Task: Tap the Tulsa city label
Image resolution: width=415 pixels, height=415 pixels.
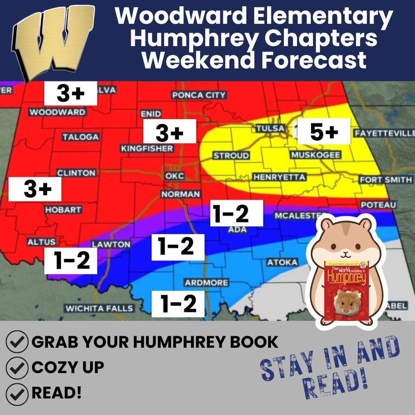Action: [270, 128]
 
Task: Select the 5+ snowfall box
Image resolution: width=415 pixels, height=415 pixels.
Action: [324, 131]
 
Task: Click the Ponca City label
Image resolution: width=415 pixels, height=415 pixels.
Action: [199, 95]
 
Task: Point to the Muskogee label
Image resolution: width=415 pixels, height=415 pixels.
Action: [315, 155]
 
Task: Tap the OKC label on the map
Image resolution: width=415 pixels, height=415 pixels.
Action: [175, 176]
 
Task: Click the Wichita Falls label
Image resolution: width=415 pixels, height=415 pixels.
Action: [99, 308]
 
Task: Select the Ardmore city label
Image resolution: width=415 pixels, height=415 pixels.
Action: [206, 282]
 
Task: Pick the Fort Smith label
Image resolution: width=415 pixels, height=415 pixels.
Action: [385, 180]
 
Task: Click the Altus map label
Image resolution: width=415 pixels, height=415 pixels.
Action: [41, 242]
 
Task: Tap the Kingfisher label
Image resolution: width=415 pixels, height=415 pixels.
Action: [147, 149]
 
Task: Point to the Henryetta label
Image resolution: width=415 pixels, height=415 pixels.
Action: [279, 177]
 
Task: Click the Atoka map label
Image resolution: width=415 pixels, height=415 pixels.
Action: [282, 263]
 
